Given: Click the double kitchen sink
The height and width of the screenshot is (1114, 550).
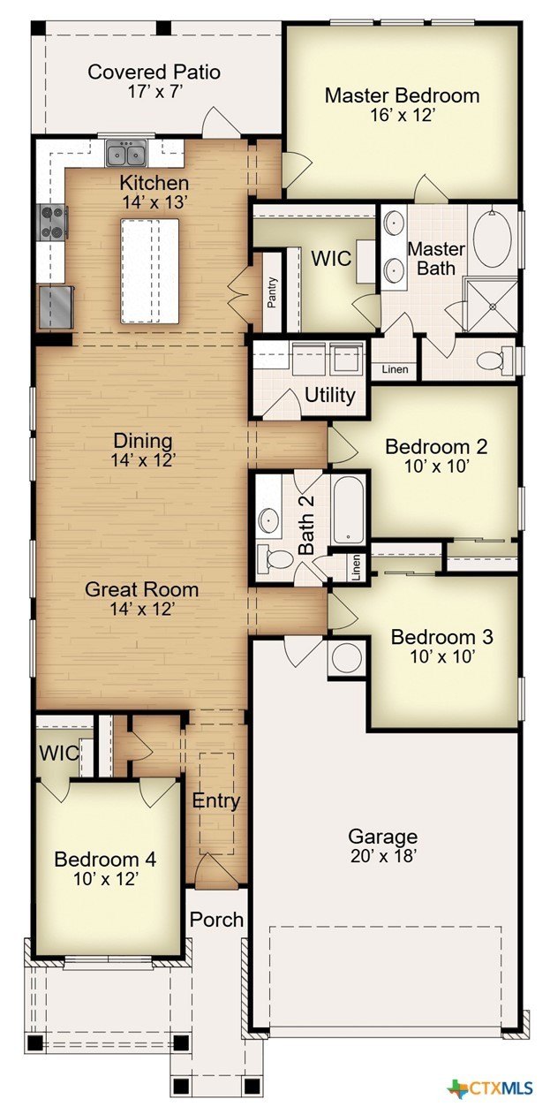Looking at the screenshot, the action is point(126,153).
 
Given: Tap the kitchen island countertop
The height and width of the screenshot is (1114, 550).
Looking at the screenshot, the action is point(149,270).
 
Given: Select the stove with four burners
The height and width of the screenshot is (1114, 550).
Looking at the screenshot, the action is point(53,223).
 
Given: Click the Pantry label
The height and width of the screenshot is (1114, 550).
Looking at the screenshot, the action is point(271,292).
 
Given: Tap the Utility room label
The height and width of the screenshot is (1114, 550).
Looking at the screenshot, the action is point(330,396).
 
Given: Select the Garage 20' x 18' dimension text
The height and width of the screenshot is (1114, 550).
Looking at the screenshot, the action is point(383,856).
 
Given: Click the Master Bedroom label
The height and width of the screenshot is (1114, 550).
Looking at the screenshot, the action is point(402,95).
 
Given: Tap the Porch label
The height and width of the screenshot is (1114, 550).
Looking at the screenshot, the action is point(216,920).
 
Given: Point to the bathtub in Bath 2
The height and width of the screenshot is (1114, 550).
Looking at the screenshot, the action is point(350,509).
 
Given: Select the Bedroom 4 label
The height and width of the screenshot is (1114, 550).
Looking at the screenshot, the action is point(105,859).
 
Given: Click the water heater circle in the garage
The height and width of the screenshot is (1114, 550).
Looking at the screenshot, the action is point(347,658).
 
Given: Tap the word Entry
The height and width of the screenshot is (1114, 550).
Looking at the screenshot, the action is point(216,800).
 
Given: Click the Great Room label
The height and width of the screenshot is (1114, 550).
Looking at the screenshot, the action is point(141,589).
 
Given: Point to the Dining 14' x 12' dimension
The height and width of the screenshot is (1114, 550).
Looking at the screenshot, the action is point(143,460).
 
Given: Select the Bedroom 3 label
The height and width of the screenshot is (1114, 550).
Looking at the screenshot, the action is point(442,637).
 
